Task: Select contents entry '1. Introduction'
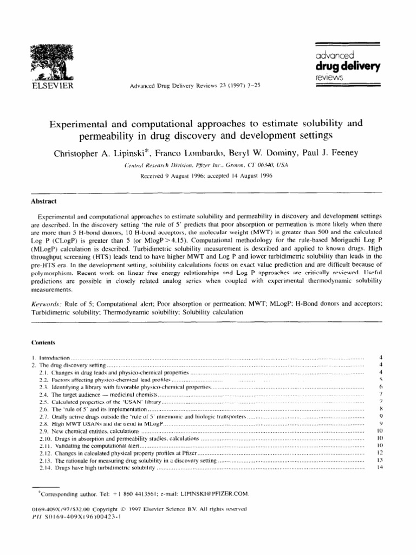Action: (x=50, y=358)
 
